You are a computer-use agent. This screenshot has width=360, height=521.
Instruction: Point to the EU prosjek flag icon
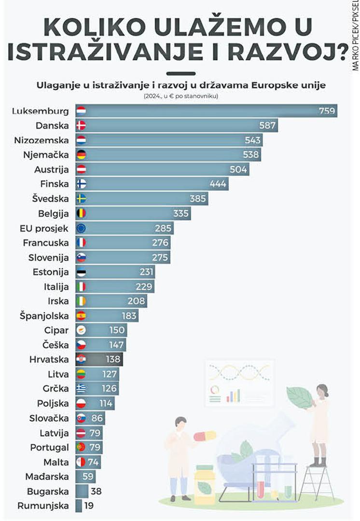tap(81, 228)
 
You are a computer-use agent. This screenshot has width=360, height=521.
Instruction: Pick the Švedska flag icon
tap(81, 199)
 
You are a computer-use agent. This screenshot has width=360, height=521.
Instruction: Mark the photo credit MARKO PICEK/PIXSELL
tap(355, 36)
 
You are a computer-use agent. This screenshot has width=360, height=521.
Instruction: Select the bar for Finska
tap(152, 184)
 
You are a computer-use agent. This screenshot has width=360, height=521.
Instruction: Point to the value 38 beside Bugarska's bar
tap(96, 492)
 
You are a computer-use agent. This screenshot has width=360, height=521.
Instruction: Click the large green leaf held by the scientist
tap(299, 397)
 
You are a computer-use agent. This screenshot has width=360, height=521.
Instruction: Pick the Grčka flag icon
tap(81, 388)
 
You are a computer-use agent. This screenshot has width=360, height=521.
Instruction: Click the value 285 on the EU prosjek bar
tap(163, 228)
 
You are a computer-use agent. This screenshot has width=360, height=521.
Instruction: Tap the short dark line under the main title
tap(180, 74)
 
